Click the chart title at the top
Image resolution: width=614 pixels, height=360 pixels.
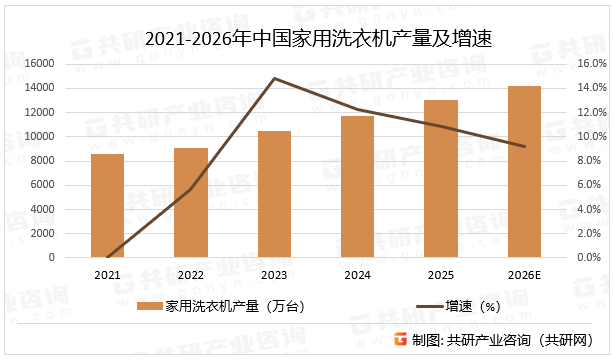click(306, 39)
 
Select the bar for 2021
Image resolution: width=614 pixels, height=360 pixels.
click(107, 206)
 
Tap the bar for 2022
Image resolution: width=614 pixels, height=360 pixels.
click(190, 203)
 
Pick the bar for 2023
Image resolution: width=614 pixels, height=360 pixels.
click(274, 194)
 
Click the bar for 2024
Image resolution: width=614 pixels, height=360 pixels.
click(357, 187)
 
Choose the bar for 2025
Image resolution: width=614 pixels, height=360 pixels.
click(441, 179)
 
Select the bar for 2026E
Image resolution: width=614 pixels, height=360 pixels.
click(524, 172)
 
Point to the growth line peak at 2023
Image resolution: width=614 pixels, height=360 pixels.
click(274, 78)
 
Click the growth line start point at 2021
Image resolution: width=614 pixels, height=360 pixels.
click(107, 257)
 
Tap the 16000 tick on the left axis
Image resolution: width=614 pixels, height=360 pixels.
click(38, 63)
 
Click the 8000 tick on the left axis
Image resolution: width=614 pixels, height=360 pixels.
click(41, 160)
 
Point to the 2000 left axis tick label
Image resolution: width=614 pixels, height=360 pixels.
click(41, 233)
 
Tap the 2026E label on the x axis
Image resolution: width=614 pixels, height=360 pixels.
click(524, 274)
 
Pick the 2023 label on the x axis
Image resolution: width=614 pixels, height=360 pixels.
click(274, 274)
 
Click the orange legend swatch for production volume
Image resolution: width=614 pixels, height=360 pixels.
click(150, 307)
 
